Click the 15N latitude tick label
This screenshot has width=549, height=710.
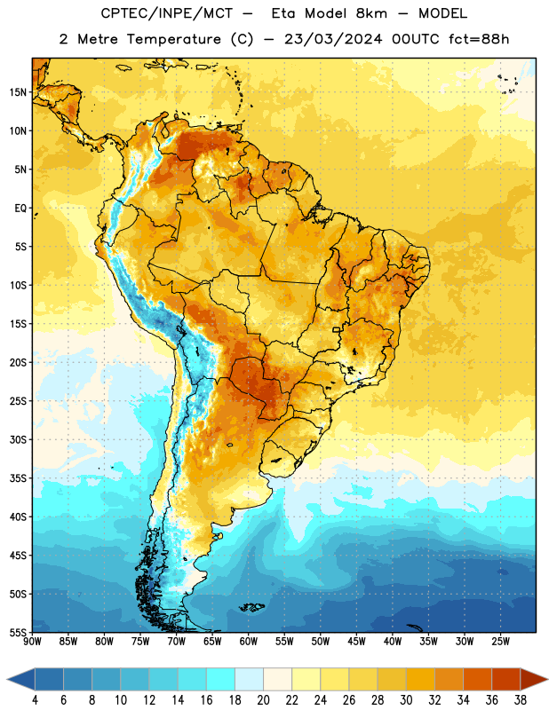click(18, 92)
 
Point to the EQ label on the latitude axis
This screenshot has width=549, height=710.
click(20, 209)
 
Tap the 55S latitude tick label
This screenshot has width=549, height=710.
click(18, 632)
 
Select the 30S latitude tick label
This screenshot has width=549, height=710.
click(18, 439)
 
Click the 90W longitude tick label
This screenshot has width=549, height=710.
click(32, 642)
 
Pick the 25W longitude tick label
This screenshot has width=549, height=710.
click(500, 642)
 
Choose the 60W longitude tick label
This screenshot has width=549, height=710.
click(249, 642)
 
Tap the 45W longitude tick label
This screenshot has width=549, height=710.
click(356, 642)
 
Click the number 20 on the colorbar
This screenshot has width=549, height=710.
click(263, 700)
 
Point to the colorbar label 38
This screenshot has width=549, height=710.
click(521, 700)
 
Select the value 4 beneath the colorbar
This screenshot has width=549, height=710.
click(35, 700)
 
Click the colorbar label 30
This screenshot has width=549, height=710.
click(406, 700)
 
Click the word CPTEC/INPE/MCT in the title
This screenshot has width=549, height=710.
click(167, 13)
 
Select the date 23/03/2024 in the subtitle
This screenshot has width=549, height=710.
click(333, 39)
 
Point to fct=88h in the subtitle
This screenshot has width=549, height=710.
click(479, 39)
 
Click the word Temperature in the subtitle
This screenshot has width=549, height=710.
click(173, 40)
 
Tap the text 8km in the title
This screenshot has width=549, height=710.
click(371, 13)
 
